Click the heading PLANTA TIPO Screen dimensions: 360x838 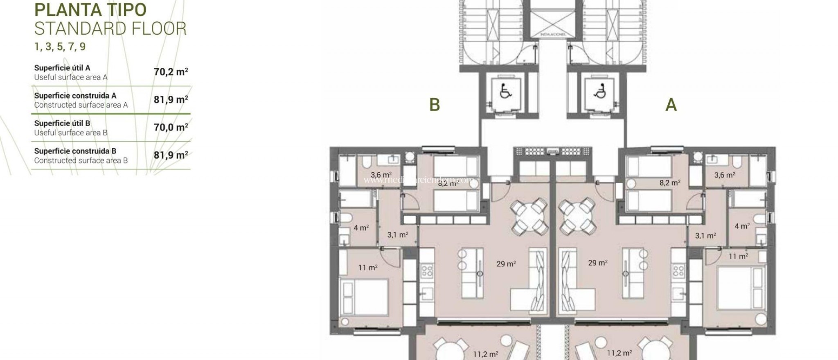[x=90, y=10]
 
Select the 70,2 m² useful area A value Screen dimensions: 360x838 [x=171, y=72]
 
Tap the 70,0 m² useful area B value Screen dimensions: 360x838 [x=171, y=127]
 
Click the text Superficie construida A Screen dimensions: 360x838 [x=75, y=96]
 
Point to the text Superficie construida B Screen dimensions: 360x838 [x=75, y=151]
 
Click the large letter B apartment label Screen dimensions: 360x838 [x=435, y=105]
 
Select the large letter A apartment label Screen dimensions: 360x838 [x=671, y=105]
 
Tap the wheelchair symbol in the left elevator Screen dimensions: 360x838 [x=506, y=92]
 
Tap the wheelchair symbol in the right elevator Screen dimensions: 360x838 [x=600, y=92]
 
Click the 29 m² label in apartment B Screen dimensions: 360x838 [x=506, y=264]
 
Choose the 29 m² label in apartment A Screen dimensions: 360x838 [x=597, y=263]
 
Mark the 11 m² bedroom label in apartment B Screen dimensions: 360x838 [x=368, y=268]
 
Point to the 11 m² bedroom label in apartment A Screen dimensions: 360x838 [x=738, y=256]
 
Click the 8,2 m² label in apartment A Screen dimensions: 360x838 [x=670, y=183]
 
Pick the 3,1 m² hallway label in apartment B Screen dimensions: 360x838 [x=398, y=235]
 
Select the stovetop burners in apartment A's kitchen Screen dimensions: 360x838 [x=678, y=270]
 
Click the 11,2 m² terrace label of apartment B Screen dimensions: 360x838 [x=486, y=354]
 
